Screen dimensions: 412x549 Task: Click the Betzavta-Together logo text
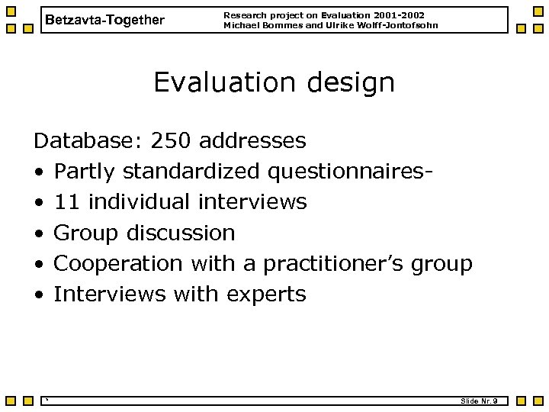coord(104,20)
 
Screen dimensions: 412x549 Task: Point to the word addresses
coord(252,141)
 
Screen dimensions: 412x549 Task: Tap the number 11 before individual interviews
coord(67,202)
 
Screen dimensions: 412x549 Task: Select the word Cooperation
coord(118,263)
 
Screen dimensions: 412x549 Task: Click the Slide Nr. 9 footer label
coord(480,401)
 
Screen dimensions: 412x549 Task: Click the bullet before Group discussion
coord(38,233)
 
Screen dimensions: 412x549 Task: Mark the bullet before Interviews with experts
coord(38,295)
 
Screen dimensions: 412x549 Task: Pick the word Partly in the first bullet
coord(85,172)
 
